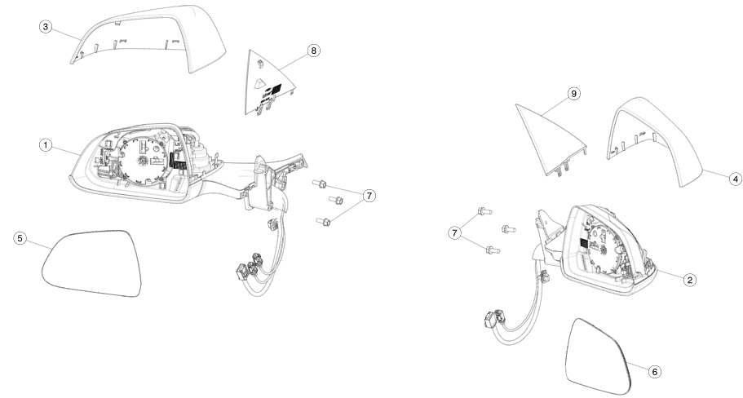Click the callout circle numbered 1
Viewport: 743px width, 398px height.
point(46,145)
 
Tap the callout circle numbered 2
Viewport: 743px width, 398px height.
point(690,280)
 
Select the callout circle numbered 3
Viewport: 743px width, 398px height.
point(46,27)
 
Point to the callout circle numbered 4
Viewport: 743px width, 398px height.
point(735,179)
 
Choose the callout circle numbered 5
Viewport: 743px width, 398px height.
point(20,238)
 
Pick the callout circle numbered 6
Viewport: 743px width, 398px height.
point(655,372)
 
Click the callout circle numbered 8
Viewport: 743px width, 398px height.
point(314,51)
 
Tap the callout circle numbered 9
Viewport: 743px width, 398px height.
point(574,94)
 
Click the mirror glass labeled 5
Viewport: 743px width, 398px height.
point(91,263)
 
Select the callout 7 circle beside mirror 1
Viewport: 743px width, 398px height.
point(369,195)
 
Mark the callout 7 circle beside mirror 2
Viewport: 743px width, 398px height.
point(455,232)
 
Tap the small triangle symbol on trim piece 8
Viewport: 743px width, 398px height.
point(259,82)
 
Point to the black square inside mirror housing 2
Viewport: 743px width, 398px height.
point(584,243)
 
